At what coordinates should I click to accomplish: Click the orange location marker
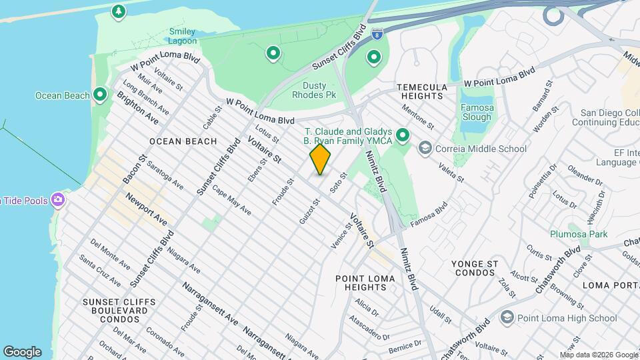tap(320, 159)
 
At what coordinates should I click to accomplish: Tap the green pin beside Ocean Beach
tap(100, 95)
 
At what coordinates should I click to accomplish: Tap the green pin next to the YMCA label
tap(402, 136)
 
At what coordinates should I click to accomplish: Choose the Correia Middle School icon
tap(425, 149)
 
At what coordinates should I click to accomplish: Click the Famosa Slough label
tap(477, 112)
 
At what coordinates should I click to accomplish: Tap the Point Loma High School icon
tap(506, 318)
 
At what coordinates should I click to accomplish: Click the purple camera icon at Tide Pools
tap(58, 199)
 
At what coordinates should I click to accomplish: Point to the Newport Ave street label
tap(146, 209)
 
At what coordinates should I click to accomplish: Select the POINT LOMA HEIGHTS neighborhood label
tap(361, 283)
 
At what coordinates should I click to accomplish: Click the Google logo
tap(22, 351)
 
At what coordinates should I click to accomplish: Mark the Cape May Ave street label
tap(231, 199)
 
